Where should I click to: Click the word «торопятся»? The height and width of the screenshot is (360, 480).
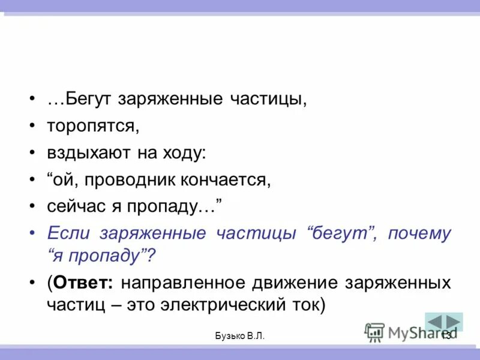point(92,126)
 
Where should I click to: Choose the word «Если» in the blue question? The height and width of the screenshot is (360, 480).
point(67,233)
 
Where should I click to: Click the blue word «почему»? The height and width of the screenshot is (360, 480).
point(419,233)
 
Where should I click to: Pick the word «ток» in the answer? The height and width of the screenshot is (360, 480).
point(309,304)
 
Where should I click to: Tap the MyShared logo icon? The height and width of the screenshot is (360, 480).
point(374,332)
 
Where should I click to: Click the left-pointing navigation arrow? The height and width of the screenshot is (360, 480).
point(435,322)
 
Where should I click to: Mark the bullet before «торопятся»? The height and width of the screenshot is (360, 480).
point(31,127)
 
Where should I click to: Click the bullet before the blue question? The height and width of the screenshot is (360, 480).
point(31,234)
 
